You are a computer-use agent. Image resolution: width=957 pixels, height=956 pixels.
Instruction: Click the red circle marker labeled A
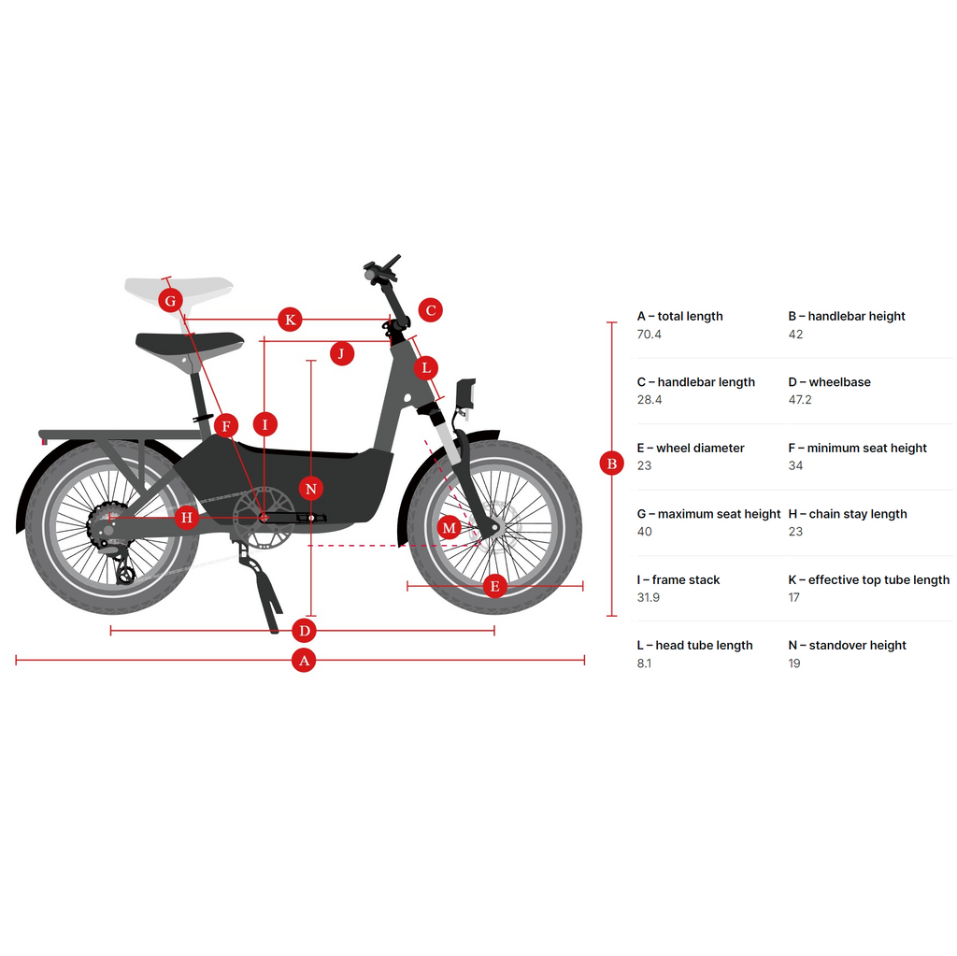click(x=302, y=660)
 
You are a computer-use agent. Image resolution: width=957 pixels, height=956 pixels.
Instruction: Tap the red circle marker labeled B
click(x=612, y=463)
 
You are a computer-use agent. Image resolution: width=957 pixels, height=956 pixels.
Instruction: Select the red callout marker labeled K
click(x=291, y=320)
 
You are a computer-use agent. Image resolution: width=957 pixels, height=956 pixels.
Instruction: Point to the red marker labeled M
click(x=450, y=528)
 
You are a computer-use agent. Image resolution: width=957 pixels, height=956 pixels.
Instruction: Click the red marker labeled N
click(x=311, y=488)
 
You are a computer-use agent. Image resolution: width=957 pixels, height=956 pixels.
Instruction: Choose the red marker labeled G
click(x=170, y=301)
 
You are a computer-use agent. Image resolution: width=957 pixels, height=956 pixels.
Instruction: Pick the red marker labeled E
click(x=494, y=586)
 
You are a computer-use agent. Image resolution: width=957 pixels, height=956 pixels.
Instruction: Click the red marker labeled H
click(x=187, y=517)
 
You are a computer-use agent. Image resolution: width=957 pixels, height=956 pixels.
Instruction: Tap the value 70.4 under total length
click(x=649, y=335)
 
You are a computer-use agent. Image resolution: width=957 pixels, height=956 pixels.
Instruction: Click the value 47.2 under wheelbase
click(x=800, y=400)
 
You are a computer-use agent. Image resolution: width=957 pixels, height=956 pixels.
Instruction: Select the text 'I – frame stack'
click(x=678, y=579)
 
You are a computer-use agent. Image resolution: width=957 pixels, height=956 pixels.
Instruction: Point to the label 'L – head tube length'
click(x=694, y=645)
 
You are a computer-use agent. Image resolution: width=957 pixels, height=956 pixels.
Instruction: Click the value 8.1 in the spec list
click(x=644, y=663)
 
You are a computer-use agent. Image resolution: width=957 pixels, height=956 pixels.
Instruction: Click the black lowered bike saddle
click(x=189, y=341)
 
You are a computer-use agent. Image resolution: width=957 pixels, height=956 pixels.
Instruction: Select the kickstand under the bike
click(x=263, y=589)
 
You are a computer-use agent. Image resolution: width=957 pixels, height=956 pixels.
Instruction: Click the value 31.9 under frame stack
click(x=648, y=597)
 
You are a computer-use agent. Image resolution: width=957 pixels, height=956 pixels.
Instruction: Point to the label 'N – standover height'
click(x=847, y=645)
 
